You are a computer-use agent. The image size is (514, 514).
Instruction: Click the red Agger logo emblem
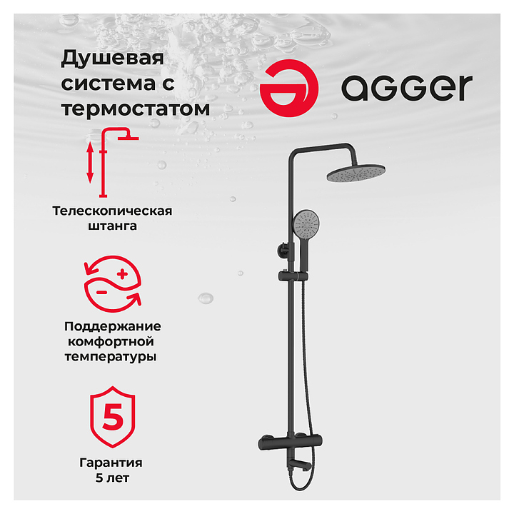pos(289,89)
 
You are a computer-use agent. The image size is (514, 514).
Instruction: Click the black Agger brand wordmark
pos(407,88)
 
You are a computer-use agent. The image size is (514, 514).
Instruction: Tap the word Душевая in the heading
pos(113,58)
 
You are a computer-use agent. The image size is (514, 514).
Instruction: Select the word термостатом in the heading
pos(136,109)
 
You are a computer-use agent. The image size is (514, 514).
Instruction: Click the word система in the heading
pos(108,84)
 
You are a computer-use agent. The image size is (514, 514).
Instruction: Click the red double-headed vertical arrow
pos(90,163)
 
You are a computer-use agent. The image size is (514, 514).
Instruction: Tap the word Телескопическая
pos(112,211)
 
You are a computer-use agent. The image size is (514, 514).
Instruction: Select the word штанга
pos(112,226)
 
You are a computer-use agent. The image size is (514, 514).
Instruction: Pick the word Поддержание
pos(113,326)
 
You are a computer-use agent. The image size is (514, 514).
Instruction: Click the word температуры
pos(111,357)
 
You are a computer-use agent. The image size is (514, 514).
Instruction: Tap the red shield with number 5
pos(113,417)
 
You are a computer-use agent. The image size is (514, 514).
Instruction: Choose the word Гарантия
pos(111,463)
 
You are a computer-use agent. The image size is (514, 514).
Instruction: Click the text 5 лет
pos(112,478)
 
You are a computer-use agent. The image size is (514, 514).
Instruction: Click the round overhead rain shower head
pos(356,173)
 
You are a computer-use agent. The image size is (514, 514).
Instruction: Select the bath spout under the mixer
pos(300,465)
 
